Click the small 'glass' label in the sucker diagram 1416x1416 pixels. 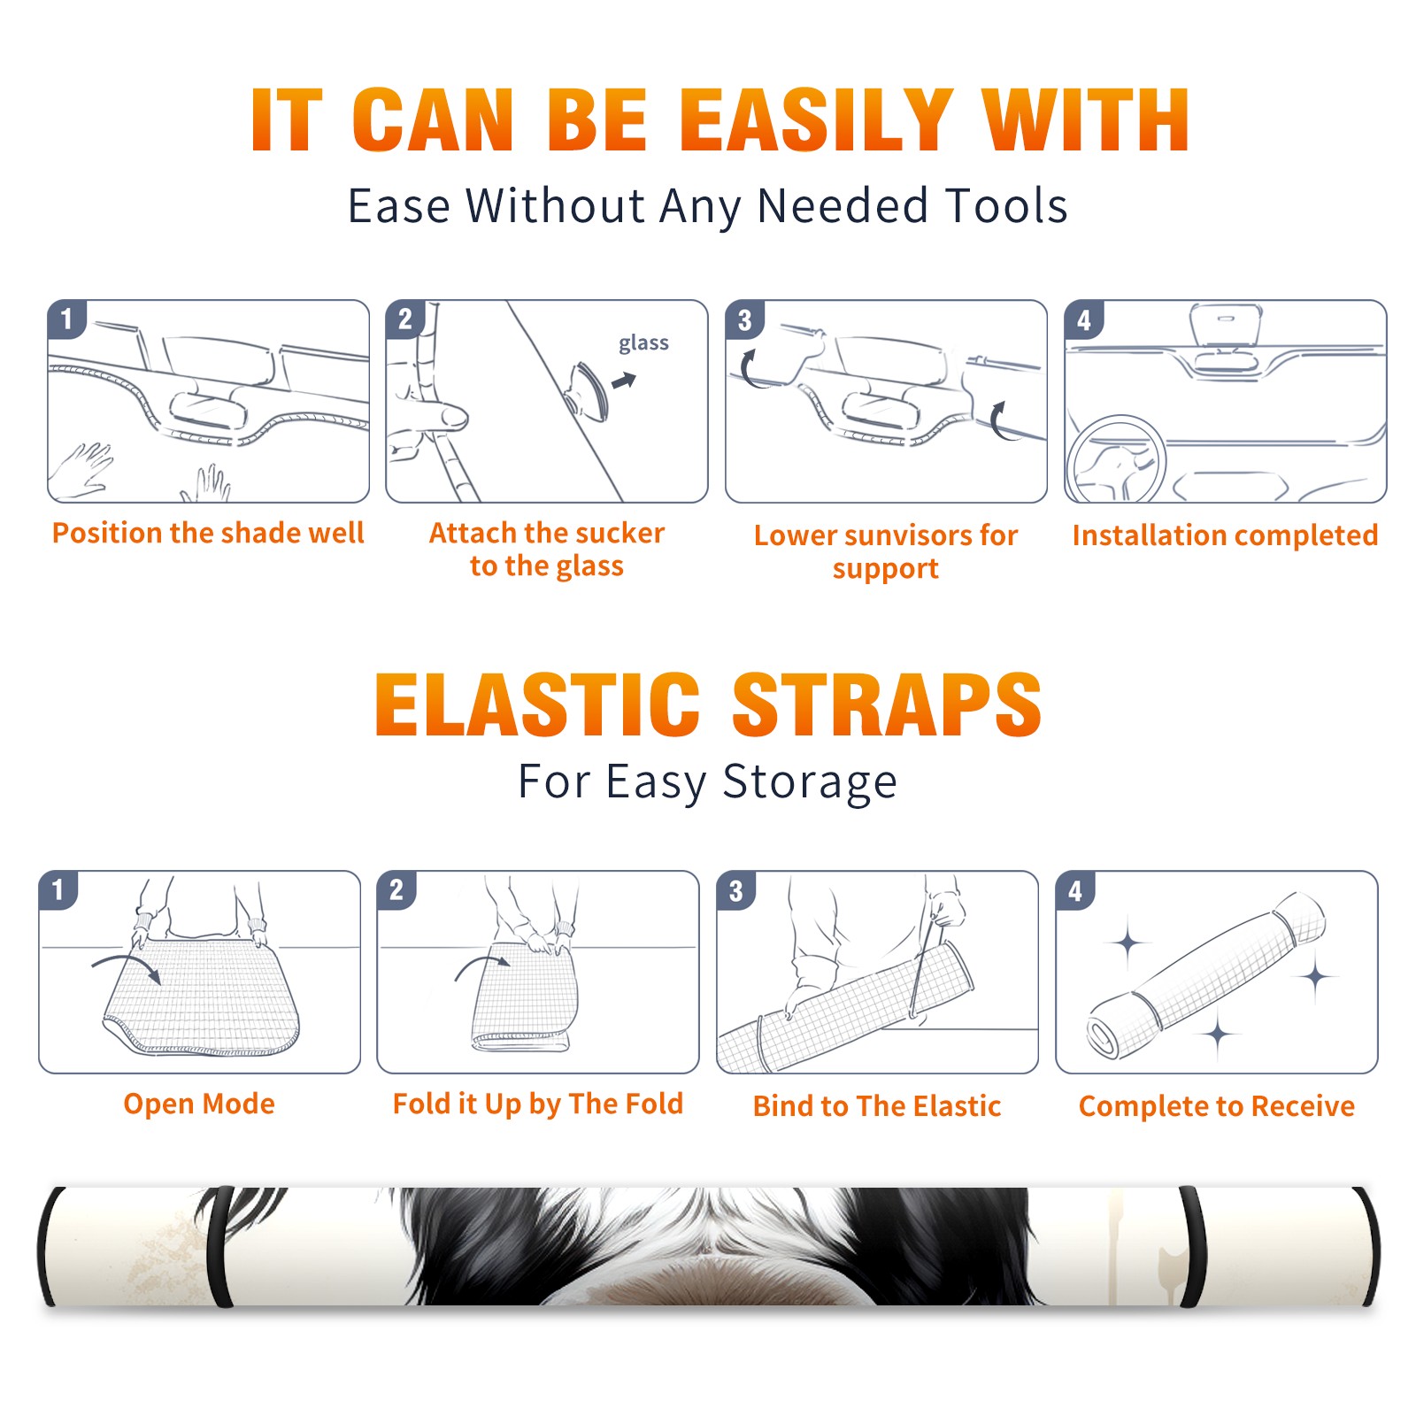tap(643, 343)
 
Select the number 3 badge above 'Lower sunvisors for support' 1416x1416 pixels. tap(744, 319)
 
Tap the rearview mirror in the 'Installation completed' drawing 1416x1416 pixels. tap(1226, 327)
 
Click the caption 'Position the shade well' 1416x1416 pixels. tap(208, 533)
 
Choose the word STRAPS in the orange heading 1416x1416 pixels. tap(887, 704)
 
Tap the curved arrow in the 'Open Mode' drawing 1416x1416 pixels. tap(127, 966)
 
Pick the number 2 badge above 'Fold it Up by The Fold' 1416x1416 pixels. tap(396, 889)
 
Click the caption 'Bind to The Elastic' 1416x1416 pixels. tap(877, 1106)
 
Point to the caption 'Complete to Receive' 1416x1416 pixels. tap(1217, 1106)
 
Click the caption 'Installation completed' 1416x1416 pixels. tap(1226, 535)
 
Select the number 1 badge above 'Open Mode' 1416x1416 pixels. tap(58, 889)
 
